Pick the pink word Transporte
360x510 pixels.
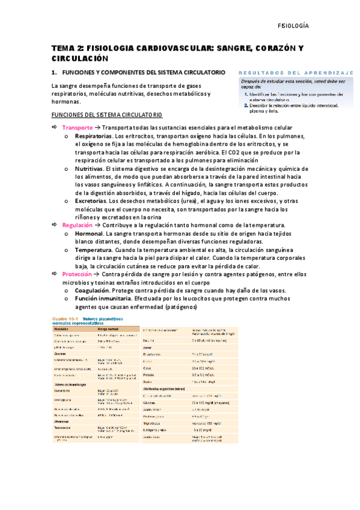pos(78,127)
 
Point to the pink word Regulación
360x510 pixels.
pos(78,224)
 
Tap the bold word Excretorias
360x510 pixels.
pos(91,200)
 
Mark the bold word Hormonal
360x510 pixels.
pos(88,233)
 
